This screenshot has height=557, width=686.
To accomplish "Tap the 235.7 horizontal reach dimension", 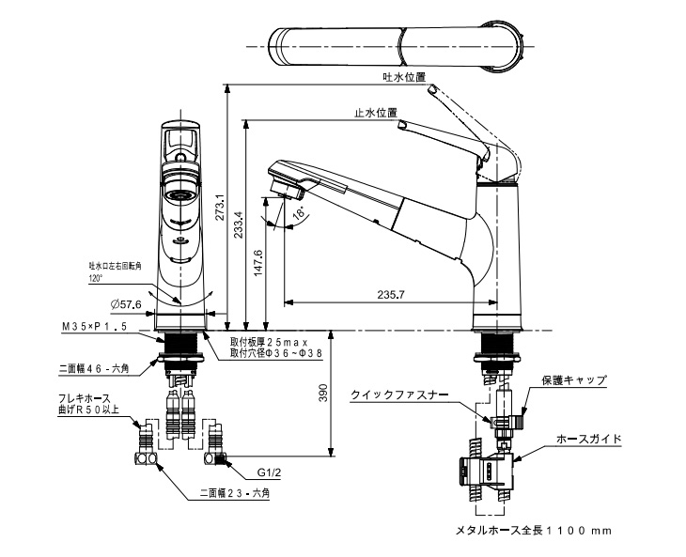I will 390,295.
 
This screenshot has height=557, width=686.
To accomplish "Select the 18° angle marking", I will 299,213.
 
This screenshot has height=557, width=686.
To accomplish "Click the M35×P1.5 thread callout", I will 94,326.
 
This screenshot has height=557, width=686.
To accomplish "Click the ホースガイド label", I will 588,439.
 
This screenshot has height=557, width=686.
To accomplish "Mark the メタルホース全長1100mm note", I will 533,531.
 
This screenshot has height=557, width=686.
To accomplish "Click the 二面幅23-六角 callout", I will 234,492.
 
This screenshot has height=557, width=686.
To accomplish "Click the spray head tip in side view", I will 284,181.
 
